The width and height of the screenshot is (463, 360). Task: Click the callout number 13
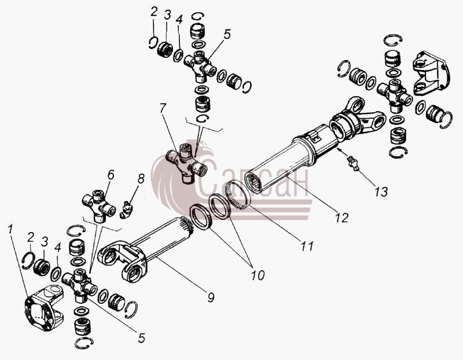(x=381, y=192)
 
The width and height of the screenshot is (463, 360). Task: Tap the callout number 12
(x=341, y=218)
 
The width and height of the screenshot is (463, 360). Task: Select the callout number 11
(x=307, y=246)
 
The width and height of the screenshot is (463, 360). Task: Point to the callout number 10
(x=258, y=275)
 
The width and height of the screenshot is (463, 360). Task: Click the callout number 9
(x=211, y=297)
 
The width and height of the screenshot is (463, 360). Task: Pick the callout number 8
(x=140, y=179)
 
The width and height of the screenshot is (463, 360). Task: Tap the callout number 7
(x=163, y=108)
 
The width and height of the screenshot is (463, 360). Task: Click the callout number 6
(x=111, y=175)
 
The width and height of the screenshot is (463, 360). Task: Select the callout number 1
(x=10, y=230)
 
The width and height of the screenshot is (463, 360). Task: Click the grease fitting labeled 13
(x=353, y=163)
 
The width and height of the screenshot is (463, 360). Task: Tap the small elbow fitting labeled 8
(x=127, y=210)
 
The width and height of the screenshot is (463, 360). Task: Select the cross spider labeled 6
(x=98, y=206)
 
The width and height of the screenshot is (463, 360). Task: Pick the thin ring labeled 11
(x=238, y=194)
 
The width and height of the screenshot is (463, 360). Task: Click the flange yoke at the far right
(x=431, y=74)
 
